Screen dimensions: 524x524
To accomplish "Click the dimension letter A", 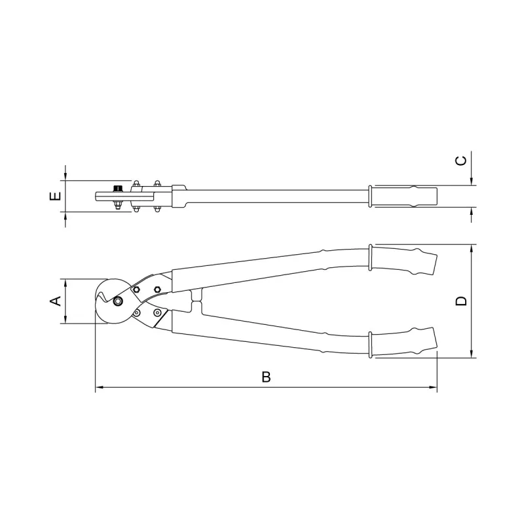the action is [x=56, y=301].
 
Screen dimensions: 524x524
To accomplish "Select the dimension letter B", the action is [x=266, y=377].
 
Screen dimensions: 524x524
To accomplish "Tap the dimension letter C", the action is [x=461, y=160].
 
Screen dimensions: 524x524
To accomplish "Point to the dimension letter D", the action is [x=461, y=301].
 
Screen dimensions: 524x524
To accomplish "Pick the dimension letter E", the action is [x=56, y=196].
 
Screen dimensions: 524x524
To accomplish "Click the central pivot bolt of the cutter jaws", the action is [x=118, y=301].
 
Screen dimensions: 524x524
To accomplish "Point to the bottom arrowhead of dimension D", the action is [x=472, y=354].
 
